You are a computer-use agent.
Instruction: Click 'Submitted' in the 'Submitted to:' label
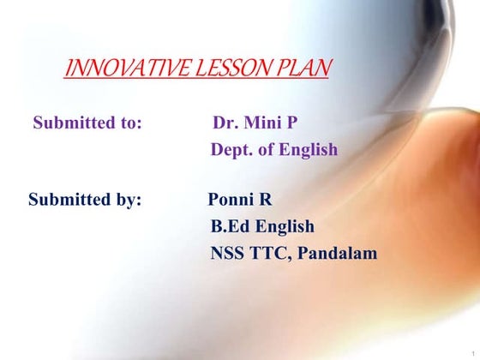[x=71, y=123]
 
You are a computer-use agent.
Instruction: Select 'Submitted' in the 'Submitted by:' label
[x=67, y=201]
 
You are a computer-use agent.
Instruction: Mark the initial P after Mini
[x=292, y=123]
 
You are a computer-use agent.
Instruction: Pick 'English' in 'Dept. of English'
[x=308, y=150]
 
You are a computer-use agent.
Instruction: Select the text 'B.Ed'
[x=229, y=227]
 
